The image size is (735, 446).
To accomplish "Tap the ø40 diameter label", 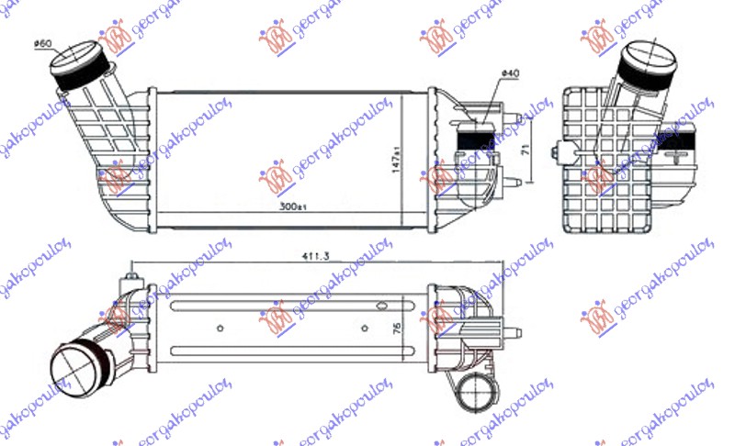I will tap(510, 73).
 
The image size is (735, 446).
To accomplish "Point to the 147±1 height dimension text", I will tap(397, 161).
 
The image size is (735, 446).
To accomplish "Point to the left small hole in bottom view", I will tap(219, 327).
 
